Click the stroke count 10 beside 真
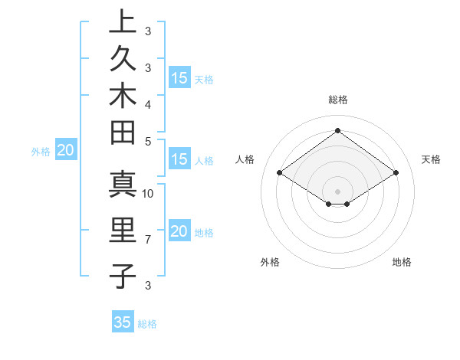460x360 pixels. coord(148,193)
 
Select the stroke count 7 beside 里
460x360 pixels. coord(148,241)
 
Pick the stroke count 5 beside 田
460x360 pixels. coord(148,141)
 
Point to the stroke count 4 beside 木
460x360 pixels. coord(148,104)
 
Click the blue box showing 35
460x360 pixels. coord(123,322)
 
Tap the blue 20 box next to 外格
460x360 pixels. coord(65,151)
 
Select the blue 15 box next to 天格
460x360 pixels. coord(179,78)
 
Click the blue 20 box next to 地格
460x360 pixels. coord(179,232)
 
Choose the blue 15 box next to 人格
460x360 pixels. coord(179,160)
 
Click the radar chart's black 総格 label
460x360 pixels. coord(337,100)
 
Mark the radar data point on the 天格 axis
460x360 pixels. coord(396,173)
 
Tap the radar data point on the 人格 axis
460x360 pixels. coord(280,173)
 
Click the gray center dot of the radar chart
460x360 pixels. coord(337,191)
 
